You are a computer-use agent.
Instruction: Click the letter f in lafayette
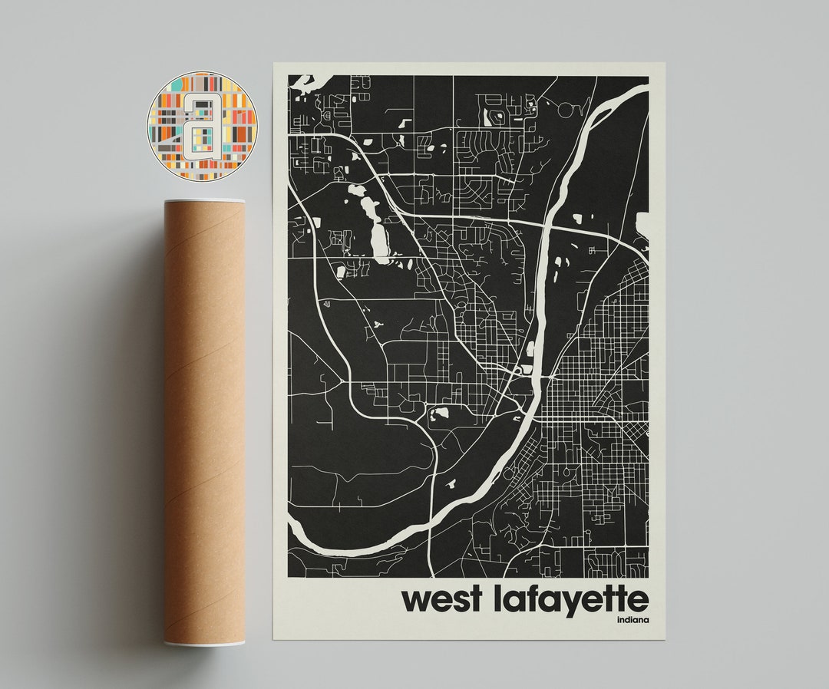pyautogui.click(x=529, y=598)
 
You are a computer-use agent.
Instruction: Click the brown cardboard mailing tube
pyautogui.click(x=203, y=422)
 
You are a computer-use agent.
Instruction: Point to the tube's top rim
pyautogui.click(x=203, y=202)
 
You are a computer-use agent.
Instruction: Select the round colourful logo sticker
pyautogui.click(x=202, y=126)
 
